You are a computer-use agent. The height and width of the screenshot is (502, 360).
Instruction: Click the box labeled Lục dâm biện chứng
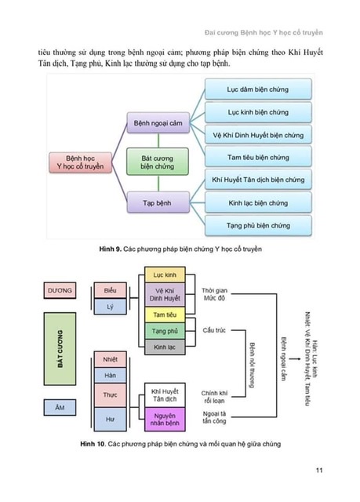click(x=258, y=89)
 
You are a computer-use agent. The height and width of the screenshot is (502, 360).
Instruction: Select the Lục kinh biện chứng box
click(x=258, y=112)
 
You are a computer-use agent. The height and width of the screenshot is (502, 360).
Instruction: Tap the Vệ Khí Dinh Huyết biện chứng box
click(x=258, y=135)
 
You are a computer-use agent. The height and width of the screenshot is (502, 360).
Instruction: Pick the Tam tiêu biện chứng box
click(x=258, y=157)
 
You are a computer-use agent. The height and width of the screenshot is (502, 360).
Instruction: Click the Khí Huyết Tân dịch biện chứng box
click(x=258, y=180)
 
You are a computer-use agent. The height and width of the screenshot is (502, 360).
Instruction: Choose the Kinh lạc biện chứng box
click(x=258, y=202)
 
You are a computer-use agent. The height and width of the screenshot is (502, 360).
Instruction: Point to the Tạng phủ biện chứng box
click(x=258, y=225)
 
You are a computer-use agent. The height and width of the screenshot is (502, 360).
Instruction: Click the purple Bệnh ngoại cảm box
click(x=158, y=123)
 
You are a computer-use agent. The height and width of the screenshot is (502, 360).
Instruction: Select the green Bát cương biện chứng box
click(x=158, y=162)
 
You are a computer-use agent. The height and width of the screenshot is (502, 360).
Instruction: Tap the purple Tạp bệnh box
click(x=158, y=202)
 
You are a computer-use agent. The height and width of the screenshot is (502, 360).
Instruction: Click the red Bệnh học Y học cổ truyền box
click(x=80, y=162)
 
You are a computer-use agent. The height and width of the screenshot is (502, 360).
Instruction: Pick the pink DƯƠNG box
click(x=60, y=290)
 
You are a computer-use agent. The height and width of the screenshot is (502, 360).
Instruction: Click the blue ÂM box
click(x=60, y=407)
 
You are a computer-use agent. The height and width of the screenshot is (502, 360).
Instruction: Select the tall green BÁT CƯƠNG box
click(x=60, y=348)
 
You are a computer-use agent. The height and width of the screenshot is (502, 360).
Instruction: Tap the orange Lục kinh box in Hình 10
click(x=165, y=275)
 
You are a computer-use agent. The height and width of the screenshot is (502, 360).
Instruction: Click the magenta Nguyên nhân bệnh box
click(x=165, y=420)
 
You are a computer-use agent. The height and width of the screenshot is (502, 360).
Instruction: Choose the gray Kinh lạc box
click(x=165, y=347)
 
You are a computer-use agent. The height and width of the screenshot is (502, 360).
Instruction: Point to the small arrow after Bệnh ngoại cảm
click(x=294, y=359)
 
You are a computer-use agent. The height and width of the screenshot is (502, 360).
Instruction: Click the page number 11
click(x=319, y=470)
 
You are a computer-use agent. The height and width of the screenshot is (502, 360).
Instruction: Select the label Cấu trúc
click(x=214, y=330)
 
